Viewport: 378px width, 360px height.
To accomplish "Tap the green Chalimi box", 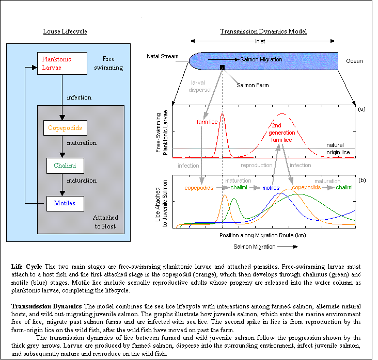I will click(x=65, y=166).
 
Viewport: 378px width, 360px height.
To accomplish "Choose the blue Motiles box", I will click(x=65, y=203).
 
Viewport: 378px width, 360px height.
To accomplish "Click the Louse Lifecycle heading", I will click(x=65, y=32).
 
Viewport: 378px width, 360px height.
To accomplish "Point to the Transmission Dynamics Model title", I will click(x=263, y=31).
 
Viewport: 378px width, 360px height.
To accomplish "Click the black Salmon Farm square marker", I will click(x=222, y=67).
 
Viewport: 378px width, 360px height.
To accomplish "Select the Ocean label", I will click(x=354, y=61).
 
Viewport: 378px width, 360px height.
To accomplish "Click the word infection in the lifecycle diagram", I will click(x=79, y=97).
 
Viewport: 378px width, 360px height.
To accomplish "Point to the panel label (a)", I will click(x=361, y=109).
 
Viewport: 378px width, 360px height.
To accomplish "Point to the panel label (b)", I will click(x=361, y=180).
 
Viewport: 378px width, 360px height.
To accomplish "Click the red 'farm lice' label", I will click(x=207, y=122).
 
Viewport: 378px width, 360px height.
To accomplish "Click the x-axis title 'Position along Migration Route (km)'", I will click(x=265, y=235).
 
